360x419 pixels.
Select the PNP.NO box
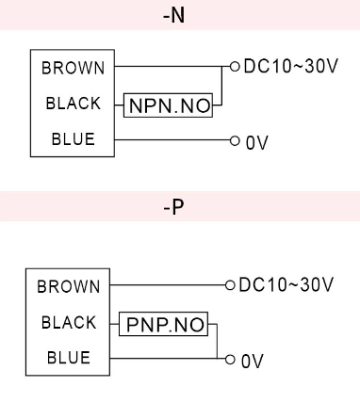164,326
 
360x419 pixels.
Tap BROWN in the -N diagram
72,69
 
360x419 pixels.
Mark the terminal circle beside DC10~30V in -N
235,68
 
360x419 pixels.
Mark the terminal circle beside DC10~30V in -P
227,284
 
